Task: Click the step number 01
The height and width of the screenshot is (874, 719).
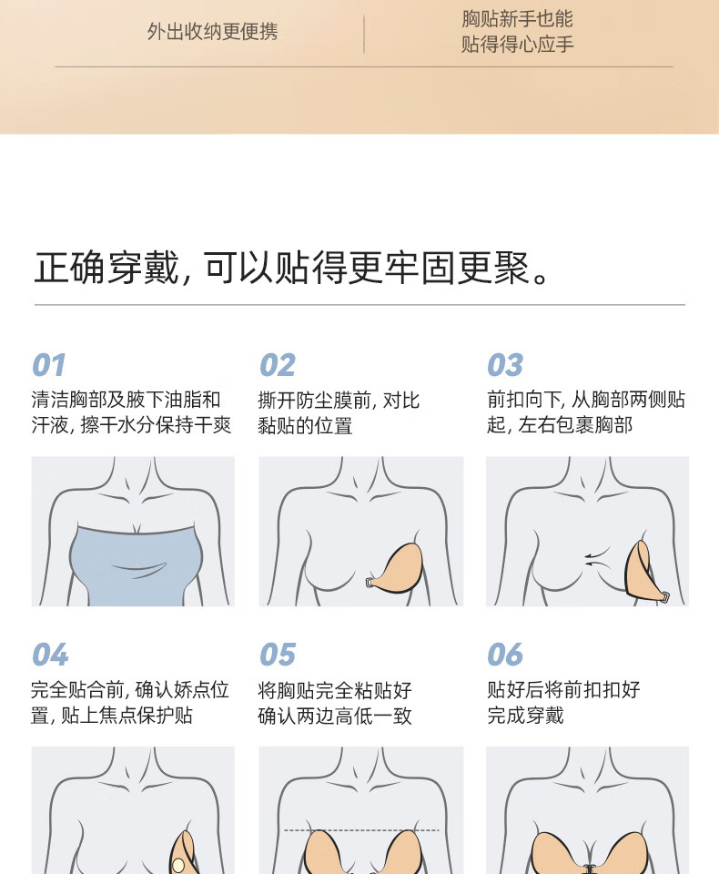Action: click(49, 366)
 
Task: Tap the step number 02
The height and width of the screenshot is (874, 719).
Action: click(278, 366)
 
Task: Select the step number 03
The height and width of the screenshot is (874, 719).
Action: click(505, 366)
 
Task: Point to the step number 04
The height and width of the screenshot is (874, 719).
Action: click(50, 655)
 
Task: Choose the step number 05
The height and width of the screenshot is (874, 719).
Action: click(278, 655)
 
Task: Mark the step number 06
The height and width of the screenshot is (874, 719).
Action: click(505, 655)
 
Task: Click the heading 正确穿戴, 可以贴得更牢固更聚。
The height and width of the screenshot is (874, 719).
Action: click(293, 268)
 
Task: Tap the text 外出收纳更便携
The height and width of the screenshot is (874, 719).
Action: click(212, 32)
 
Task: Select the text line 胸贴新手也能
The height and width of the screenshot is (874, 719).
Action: click(517, 19)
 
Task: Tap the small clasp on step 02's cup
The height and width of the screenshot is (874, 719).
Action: click(370, 583)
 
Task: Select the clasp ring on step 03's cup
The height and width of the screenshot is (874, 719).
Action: click(665, 596)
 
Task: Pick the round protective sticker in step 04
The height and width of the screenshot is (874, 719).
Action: click(177, 865)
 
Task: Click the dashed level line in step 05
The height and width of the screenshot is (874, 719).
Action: click(361, 830)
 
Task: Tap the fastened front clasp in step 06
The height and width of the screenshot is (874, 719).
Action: click(589, 869)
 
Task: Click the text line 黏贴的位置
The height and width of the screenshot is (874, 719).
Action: click(305, 426)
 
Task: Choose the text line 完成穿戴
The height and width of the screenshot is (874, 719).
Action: click(525, 716)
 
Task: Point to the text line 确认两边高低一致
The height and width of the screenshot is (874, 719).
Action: click(334, 716)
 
